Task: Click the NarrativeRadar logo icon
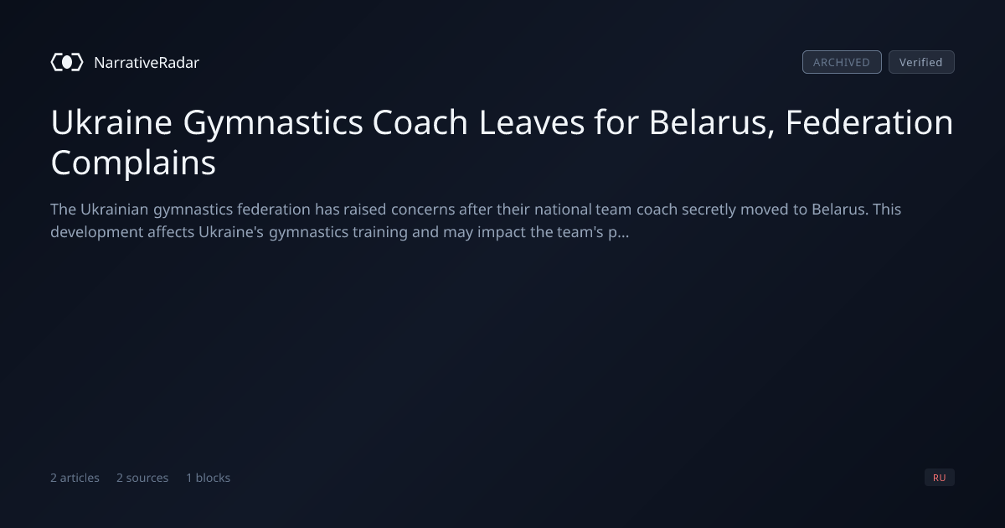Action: (67, 62)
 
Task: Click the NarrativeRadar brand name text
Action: (147, 63)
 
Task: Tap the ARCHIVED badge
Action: (842, 62)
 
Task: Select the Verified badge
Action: (921, 62)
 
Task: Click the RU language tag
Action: (939, 477)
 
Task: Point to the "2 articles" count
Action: (75, 478)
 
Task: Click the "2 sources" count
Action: (142, 478)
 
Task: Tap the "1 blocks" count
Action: (209, 478)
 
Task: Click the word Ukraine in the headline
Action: (111, 122)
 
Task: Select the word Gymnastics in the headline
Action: (273, 124)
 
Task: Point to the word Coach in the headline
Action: (420, 122)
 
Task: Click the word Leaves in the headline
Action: (532, 122)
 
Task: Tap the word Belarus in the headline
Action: (712, 123)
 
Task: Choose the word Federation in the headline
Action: (869, 122)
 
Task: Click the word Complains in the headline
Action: (133, 163)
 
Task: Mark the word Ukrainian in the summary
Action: (115, 210)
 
